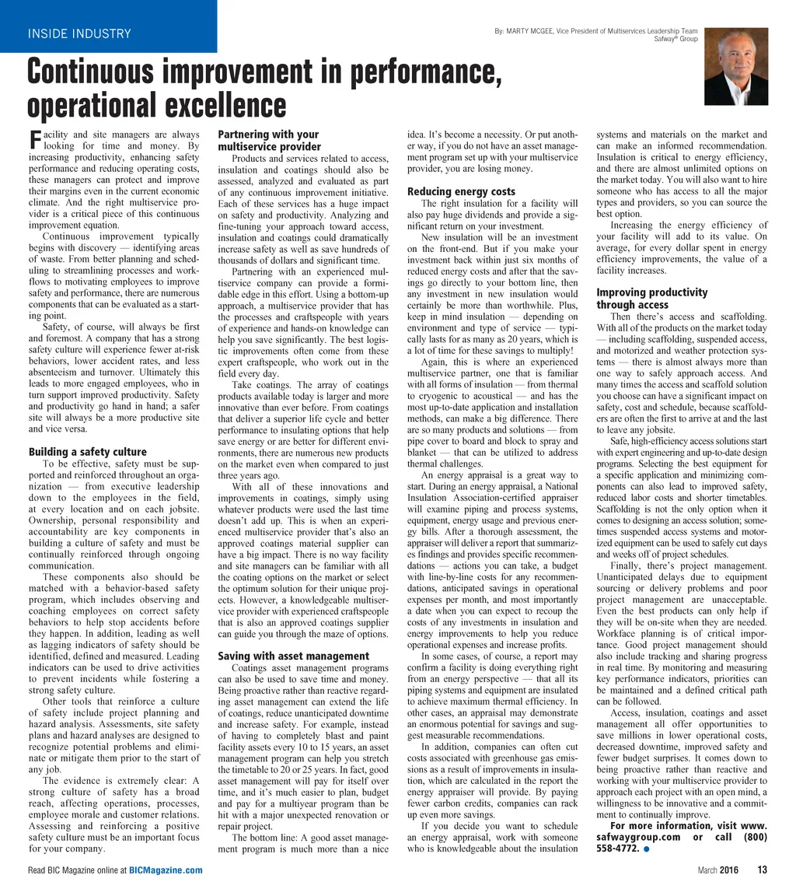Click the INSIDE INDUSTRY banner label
(x=79, y=33)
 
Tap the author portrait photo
(x=735, y=66)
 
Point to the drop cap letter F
(x=33, y=140)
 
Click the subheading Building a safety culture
(x=87, y=452)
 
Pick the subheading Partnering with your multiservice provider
(x=269, y=140)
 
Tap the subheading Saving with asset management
(x=293, y=656)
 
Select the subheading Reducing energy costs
(x=461, y=191)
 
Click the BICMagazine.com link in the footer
(x=166, y=870)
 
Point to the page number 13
(x=762, y=870)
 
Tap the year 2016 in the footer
(x=728, y=870)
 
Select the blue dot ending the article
(x=647, y=849)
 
